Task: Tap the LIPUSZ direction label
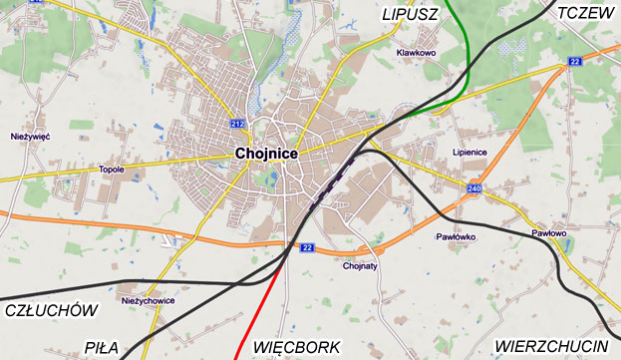pyautogui.click(x=411, y=13)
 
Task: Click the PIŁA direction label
pyautogui.click(x=102, y=347)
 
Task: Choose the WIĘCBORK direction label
pyautogui.click(x=297, y=347)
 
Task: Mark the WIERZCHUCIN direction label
pyautogui.click(x=551, y=346)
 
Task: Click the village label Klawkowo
pyautogui.click(x=417, y=53)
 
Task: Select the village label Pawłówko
pyautogui.click(x=457, y=237)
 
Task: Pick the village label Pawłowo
pyautogui.click(x=548, y=232)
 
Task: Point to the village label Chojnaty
pyautogui.click(x=359, y=266)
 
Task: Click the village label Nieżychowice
pyautogui.click(x=147, y=300)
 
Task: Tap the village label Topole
pyautogui.click(x=112, y=170)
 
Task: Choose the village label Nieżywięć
pyautogui.click(x=30, y=135)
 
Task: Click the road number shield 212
pyautogui.click(x=236, y=124)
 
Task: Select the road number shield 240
pyautogui.click(x=472, y=187)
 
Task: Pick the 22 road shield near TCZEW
pyautogui.click(x=575, y=62)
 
